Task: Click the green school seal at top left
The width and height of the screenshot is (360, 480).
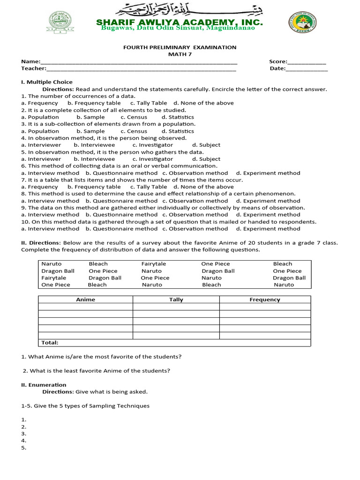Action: [x=60, y=22]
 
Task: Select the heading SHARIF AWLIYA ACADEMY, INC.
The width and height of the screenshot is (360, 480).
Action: [x=180, y=22]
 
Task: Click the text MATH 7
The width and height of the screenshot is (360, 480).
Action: [x=180, y=54]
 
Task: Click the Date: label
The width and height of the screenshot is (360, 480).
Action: [x=277, y=69]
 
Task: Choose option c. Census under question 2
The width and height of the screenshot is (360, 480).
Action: [x=134, y=117]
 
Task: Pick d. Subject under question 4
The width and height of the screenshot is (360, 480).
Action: [x=206, y=145]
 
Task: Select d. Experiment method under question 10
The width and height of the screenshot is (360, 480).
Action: [x=268, y=229]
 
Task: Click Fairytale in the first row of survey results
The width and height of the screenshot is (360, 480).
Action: [x=154, y=264]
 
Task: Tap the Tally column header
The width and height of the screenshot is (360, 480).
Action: [x=176, y=300]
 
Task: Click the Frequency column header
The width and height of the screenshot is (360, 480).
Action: [x=265, y=300]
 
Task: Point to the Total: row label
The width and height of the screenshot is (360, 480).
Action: [x=50, y=343]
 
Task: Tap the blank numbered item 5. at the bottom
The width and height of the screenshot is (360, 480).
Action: [x=24, y=448]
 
